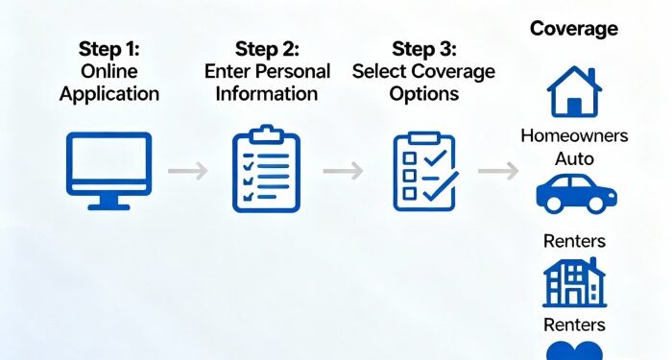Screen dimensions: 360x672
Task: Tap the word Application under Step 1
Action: [108, 93]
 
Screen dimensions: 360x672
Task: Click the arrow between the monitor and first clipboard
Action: [187, 171]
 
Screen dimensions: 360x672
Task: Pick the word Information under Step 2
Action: [266, 93]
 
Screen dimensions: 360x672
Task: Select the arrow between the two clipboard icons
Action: [343, 171]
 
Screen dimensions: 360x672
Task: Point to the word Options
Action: [423, 93]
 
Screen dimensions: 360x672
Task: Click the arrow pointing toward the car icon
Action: [498, 171]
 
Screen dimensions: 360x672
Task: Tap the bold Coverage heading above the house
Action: [574, 29]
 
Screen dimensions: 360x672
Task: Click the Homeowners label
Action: [574, 135]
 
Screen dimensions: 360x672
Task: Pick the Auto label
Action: [574, 157]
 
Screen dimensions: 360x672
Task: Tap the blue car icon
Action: [575, 193]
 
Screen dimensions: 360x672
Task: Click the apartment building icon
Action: [574, 282]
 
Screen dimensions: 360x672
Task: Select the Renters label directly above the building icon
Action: [574, 241]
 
